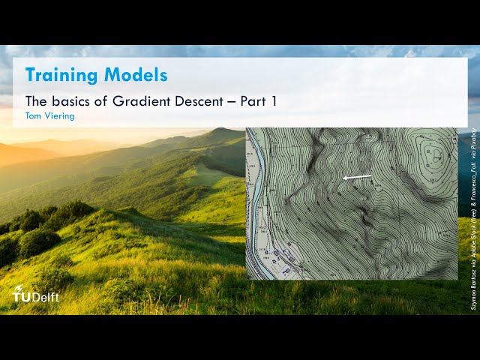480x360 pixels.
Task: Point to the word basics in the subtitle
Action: click(70, 100)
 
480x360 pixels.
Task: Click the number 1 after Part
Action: click(274, 100)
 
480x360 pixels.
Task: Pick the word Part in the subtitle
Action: click(253, 100)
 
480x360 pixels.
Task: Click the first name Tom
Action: click(34, 116)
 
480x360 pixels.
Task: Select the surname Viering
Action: click(59, 116)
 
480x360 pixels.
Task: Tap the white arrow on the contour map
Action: click(357, 178)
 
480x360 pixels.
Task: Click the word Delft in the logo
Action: click(45, 297)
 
